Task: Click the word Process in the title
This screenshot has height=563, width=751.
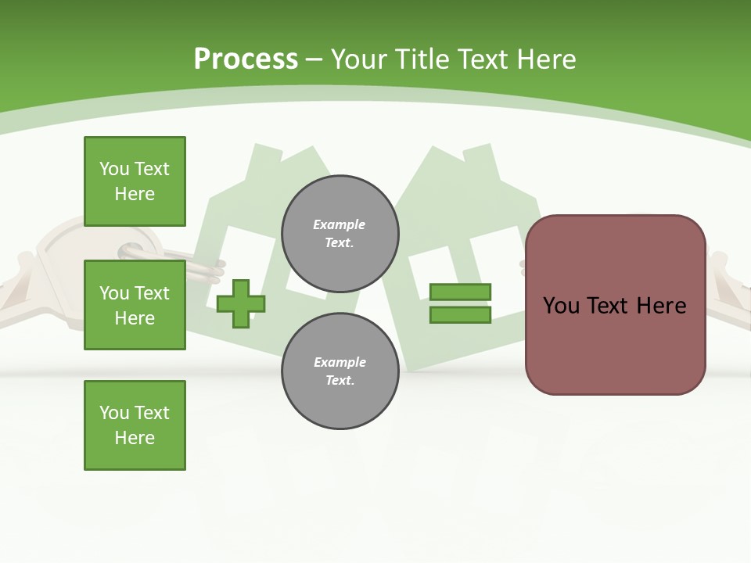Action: (246, 59)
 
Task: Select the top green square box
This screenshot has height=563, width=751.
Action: (135, 181)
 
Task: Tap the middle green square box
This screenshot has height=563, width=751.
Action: (135, 305)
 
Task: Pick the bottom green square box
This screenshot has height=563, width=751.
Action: (135, 425)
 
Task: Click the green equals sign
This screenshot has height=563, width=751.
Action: (461, 303)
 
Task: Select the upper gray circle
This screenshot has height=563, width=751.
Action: (340, 234)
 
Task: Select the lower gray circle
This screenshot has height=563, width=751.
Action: (340, 371)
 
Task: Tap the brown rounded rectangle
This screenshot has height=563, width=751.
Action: (615, 305)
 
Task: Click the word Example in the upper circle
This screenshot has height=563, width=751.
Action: (339, 224)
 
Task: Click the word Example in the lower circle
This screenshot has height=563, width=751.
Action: (339, 362)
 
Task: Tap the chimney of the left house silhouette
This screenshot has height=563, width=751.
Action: (266, 156)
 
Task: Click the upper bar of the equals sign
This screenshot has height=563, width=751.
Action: (461, 292)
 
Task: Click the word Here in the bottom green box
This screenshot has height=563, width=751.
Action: (135, 437)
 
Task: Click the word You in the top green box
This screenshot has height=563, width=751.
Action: (114, 169)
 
